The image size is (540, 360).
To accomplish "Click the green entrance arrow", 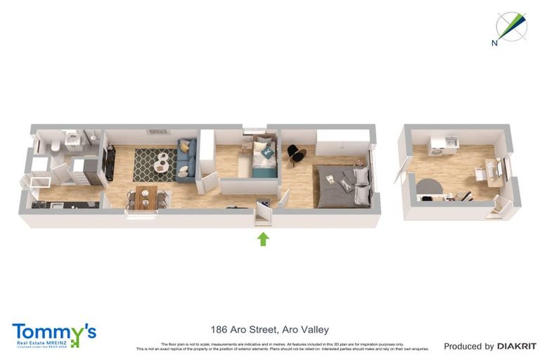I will click(263, 239).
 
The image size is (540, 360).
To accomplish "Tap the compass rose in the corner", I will click(510, 26).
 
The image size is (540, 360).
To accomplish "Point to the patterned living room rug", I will click(159, 165).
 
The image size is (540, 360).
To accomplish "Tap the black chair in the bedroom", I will click(295, 152).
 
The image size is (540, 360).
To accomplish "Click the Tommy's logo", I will click(53, 335).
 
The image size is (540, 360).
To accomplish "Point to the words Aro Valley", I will click(305, 329).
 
